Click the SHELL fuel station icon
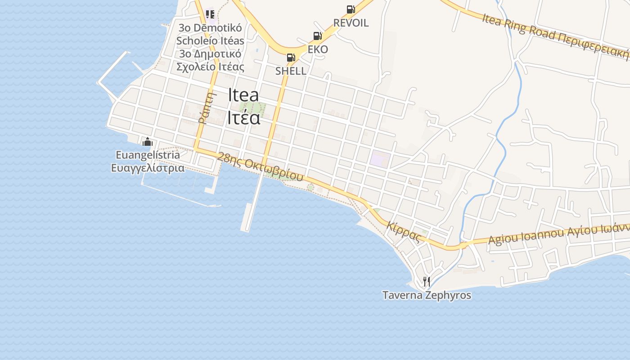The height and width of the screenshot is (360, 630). coord(291,58)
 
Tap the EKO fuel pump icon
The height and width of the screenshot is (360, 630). coord(317,36)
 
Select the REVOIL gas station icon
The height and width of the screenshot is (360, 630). coord(351,9)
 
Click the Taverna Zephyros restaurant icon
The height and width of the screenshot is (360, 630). coord(427,282)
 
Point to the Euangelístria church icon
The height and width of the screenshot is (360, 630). coord(148,142)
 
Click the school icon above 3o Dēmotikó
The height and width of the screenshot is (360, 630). coord(210,14)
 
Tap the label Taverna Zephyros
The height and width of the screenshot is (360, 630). coord(427,296)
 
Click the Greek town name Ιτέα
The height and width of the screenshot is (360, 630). coord(243,117)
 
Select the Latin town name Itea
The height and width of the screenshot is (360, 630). coord(243,95)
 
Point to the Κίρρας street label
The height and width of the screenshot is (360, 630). coord(403,232)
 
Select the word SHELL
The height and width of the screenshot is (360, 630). coord(291,71)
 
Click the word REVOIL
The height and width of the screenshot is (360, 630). coord(351,23)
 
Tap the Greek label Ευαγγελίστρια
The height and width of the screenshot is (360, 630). coord(148,168)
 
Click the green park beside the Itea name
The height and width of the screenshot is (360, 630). coord(252,109)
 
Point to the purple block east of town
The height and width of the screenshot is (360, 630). coord(380,159)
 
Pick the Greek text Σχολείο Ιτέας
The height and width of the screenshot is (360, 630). coord(210,67)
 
